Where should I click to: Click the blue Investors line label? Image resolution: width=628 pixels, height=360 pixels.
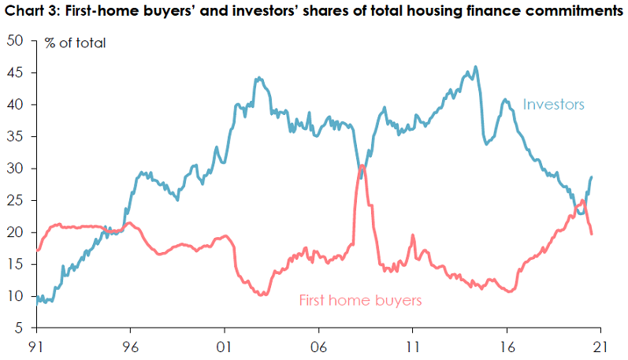point(553,104)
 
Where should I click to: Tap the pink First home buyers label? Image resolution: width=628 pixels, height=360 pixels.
point(360,300)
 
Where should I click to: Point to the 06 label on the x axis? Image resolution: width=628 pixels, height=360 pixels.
point(318,345)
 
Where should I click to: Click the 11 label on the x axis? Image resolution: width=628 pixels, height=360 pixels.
point(412,345)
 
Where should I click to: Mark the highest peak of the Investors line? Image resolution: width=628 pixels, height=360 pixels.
point(474,67)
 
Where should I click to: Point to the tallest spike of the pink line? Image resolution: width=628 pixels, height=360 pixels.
point(361,165)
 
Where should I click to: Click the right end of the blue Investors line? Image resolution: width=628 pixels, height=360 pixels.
point(592,177)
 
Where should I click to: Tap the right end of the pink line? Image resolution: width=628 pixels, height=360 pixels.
point(592,233)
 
